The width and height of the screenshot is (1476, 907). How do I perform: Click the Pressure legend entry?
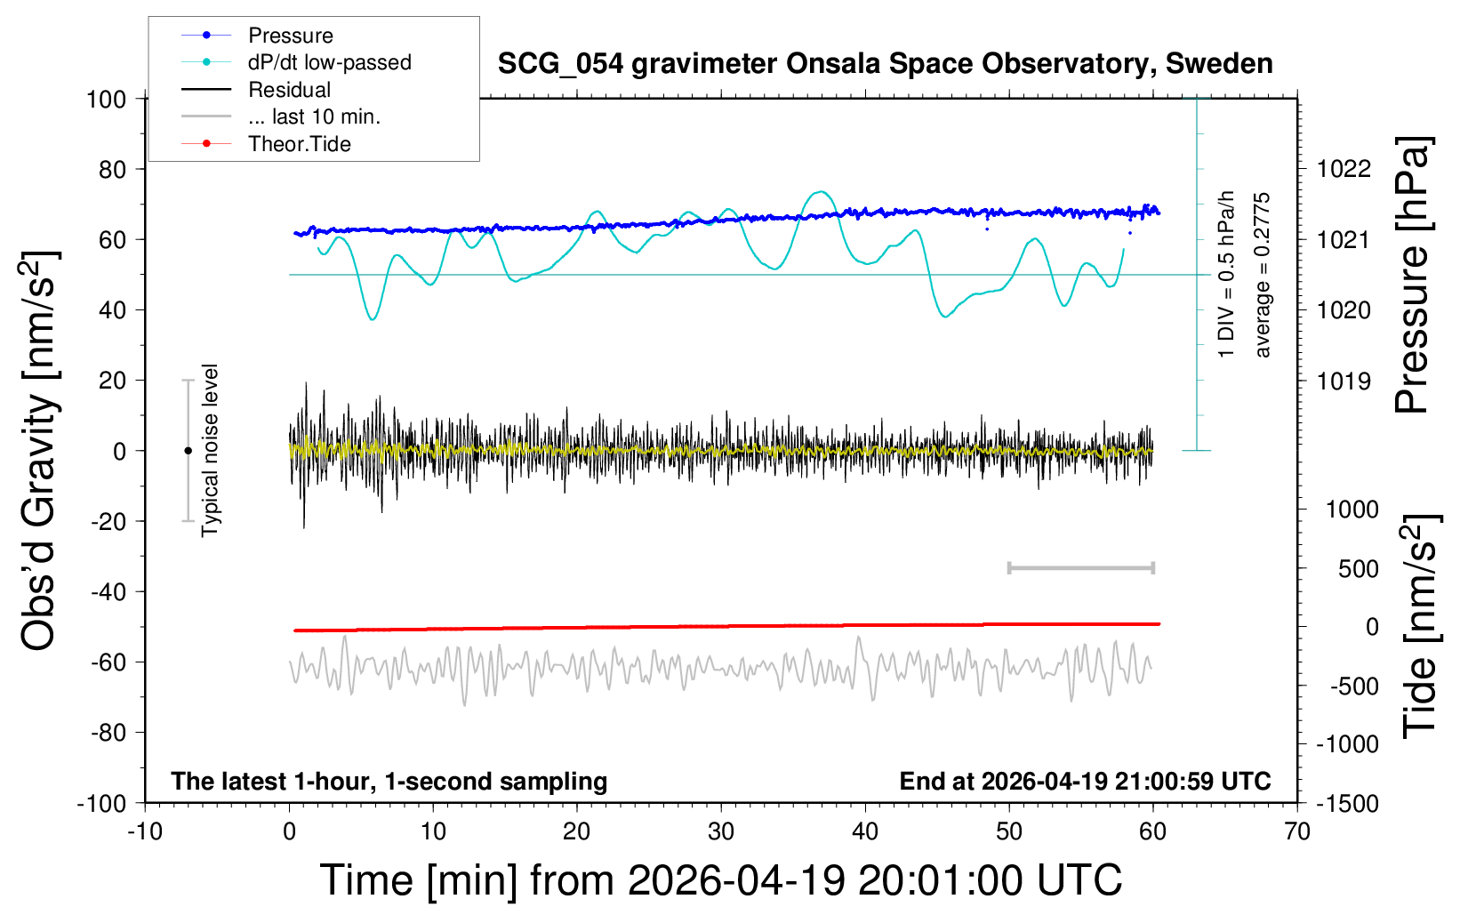[x=290, y=36]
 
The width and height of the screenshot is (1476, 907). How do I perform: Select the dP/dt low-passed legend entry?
[x=329, y=62]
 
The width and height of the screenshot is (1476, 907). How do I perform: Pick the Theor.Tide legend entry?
[x=299, y=144]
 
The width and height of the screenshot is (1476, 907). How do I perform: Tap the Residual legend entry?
[x=289, y=90]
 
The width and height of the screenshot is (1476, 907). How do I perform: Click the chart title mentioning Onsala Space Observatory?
[x=885, y=64]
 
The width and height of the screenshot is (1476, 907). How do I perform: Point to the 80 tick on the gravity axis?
[x=112, y=169]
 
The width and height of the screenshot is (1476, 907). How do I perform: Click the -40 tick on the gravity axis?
[x=108, y=591]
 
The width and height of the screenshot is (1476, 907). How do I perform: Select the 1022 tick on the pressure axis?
[x=1344, y=169]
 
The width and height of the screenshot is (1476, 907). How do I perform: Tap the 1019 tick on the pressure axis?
[x=1344, y=381]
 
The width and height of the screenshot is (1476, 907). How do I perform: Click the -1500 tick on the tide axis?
[x=1347, y=804]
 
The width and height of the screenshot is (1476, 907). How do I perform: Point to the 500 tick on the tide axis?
[x=1358, y=569]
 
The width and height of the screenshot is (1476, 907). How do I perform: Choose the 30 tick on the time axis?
[x=721, y=832]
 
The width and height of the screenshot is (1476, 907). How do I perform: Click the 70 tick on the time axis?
[x=1297, y=832]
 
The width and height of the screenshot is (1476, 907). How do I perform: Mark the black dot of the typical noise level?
[x=188, y=451]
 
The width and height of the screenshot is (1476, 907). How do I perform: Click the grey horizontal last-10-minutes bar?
[x=1080, y=568]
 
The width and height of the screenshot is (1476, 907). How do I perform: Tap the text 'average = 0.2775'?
[x=1263, y=276]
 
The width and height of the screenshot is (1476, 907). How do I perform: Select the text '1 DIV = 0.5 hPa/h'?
[x=1227, y=274]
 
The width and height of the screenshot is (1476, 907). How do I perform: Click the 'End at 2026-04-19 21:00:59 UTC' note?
[x=1085, y=782]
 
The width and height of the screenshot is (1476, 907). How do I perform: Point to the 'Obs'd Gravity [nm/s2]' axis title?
[x=40, y=451]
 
